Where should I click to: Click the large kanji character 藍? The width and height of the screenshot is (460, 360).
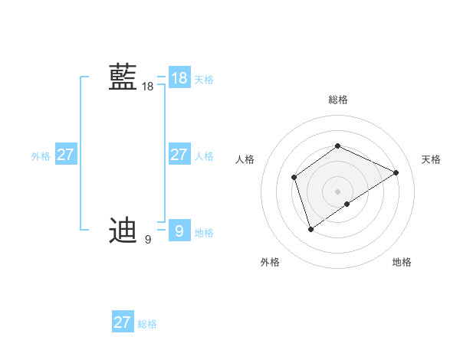123,78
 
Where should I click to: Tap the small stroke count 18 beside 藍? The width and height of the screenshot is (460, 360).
147,87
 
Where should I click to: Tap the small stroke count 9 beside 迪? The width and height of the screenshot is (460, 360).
147,240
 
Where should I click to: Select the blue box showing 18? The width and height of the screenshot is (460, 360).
179,78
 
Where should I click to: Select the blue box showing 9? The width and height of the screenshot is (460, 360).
179,230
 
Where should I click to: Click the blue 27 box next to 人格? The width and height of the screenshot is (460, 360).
179,155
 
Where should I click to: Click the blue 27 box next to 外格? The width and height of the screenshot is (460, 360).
65,155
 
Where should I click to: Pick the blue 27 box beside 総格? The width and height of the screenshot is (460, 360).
122,322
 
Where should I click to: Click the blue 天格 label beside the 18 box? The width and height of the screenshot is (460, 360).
204,80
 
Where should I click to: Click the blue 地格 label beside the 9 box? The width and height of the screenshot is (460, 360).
204,233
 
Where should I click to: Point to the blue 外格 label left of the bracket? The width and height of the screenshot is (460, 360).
41,156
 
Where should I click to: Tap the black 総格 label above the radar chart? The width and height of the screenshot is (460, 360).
337,100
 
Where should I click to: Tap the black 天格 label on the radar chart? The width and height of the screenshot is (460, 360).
431,159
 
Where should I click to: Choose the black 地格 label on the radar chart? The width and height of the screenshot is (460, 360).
402,262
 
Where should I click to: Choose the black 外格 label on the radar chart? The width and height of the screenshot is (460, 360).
270,262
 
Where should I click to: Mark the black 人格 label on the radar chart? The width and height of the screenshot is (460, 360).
245,159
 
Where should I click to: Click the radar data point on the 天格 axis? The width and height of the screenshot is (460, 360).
396,172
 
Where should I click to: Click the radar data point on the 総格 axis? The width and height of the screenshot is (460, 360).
337,146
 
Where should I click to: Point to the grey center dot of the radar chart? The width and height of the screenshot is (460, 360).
337,191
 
